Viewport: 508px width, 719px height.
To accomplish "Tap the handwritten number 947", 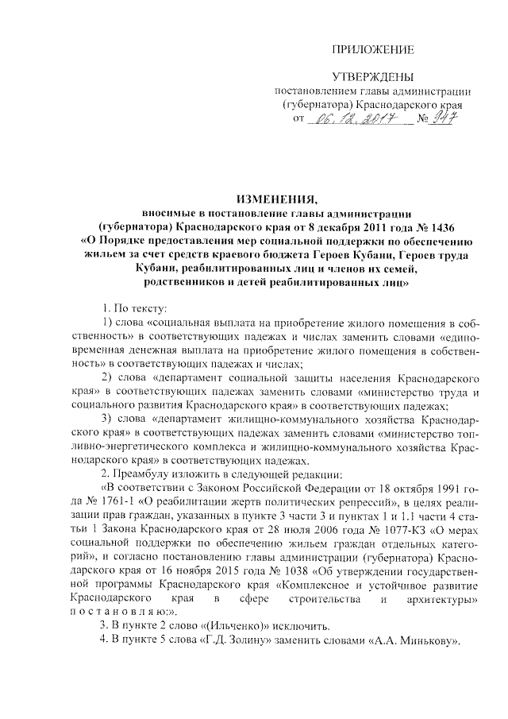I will click(x=450, y=119).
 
